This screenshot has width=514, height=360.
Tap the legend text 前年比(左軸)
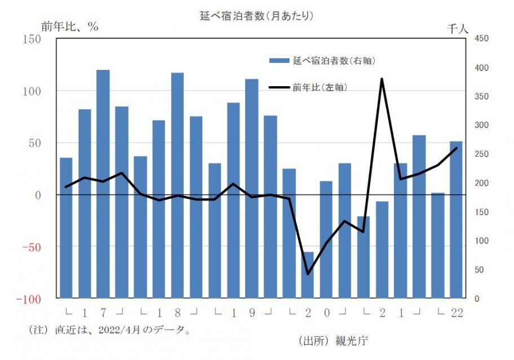coord(319,87)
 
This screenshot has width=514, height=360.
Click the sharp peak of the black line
coord(382,79)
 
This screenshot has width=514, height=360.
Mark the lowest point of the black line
coord(308,274)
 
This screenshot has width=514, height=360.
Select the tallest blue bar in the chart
coord(103,184)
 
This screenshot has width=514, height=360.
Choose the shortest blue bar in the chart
coord(308,275)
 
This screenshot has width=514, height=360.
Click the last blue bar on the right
coord(456,220)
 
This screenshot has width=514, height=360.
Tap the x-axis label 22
coord(457,313)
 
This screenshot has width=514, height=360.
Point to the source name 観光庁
coord(352,340)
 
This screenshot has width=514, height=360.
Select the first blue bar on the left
coord(66,228)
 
